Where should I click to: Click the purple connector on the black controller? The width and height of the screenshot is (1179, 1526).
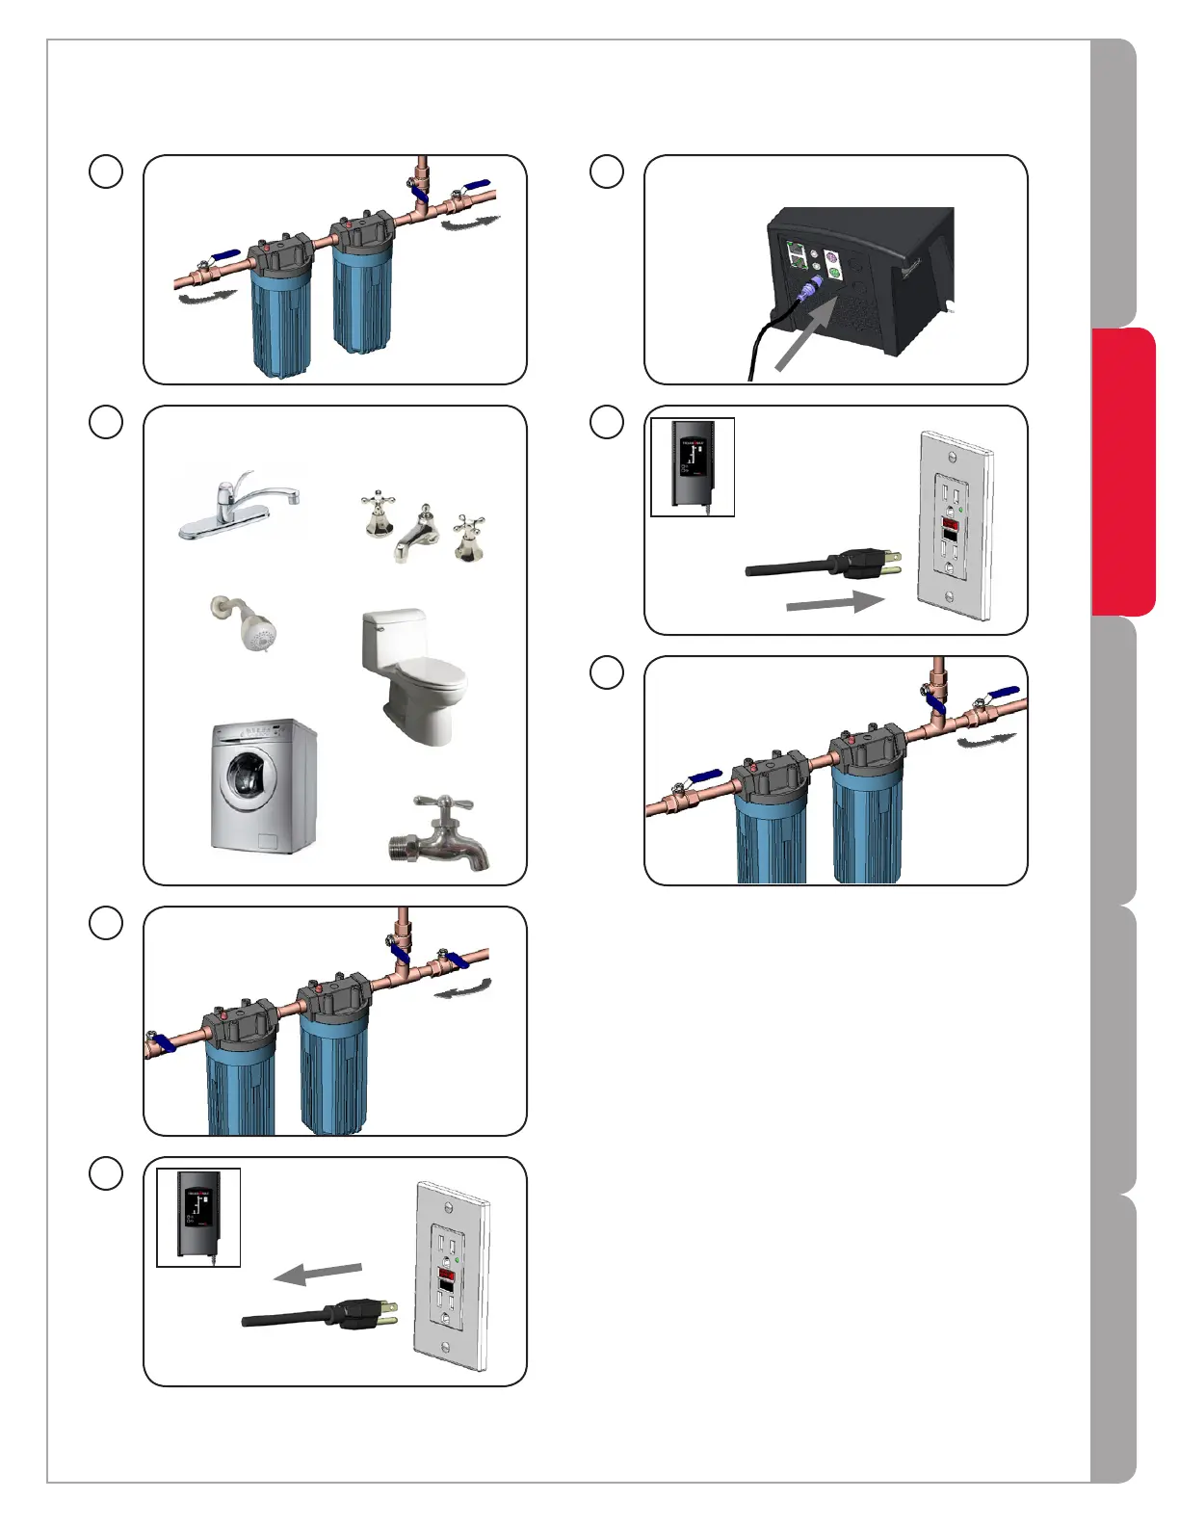point(815,283)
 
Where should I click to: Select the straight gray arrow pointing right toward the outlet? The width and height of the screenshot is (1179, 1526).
point(834,603)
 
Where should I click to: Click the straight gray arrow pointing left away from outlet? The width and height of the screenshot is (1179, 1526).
point(318,1274)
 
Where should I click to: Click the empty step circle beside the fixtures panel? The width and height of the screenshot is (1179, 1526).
point(106,422)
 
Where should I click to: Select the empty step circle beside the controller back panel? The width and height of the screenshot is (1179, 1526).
point(607,171)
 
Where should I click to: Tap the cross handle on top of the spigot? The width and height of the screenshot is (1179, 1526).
point(442,803)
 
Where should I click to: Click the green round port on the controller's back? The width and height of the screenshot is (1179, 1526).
point(834,274)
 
